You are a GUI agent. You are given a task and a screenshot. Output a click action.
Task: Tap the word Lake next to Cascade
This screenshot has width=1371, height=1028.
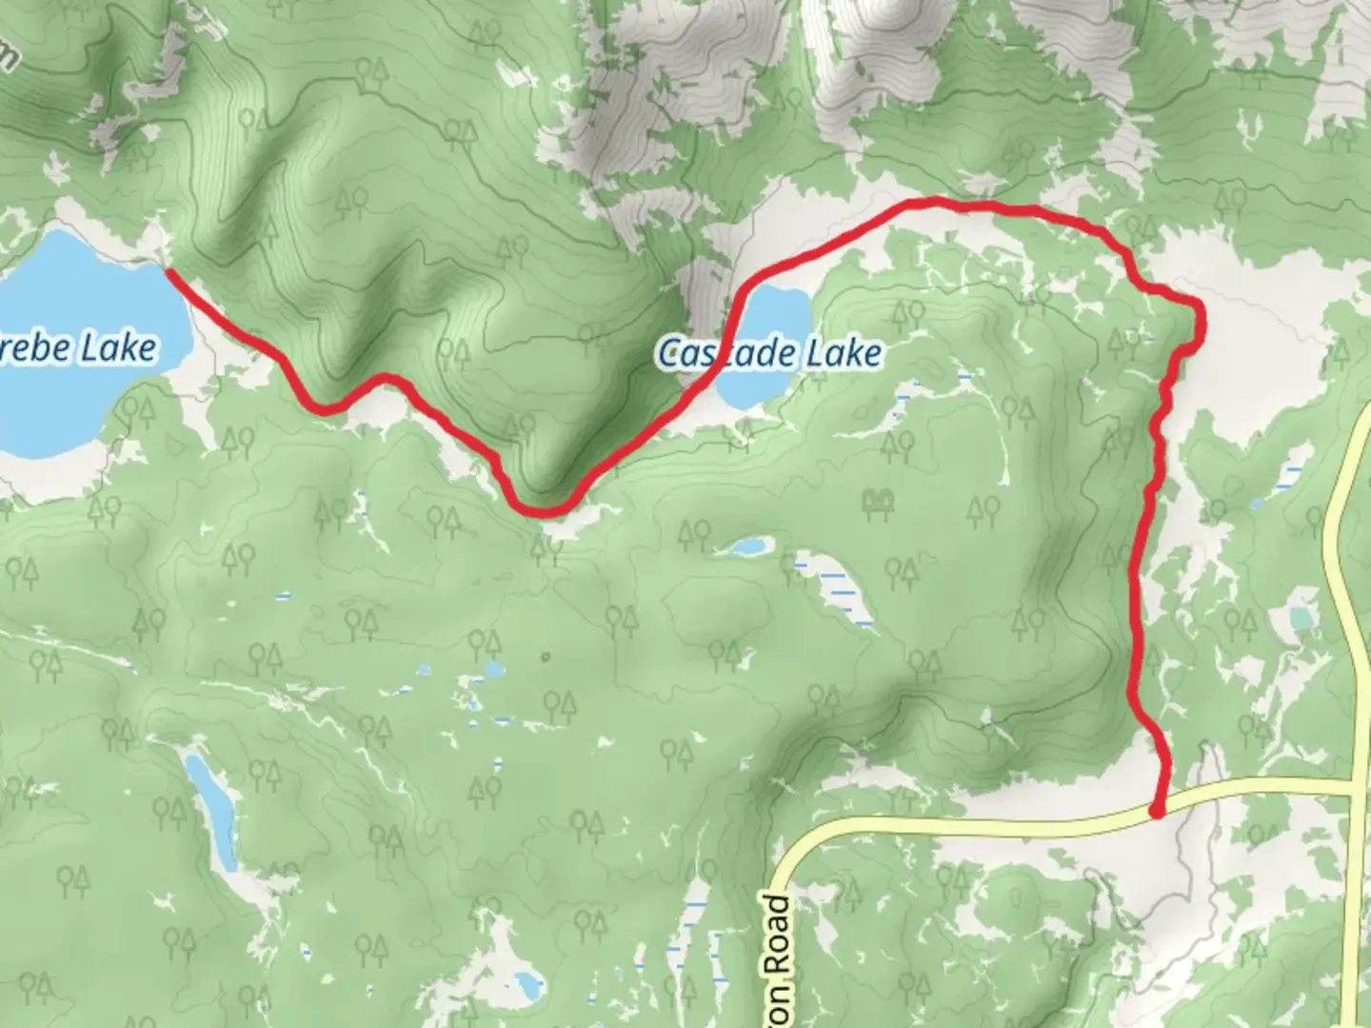pyautogui.click(x=844, y=353)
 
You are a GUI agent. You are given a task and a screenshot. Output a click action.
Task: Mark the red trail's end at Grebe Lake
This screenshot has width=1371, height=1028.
pyautogui.click(x=169, y=272)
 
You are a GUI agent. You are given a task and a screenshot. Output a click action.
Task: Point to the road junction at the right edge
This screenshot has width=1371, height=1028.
pyautogui.click(x=1357, y=789)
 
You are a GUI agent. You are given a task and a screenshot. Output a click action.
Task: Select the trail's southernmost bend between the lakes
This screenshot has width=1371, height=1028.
pyautogui.click(x=545, y=511)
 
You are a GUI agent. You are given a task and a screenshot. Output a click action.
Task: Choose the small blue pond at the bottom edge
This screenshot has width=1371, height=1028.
pyautogui.click(x=525, y=981)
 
